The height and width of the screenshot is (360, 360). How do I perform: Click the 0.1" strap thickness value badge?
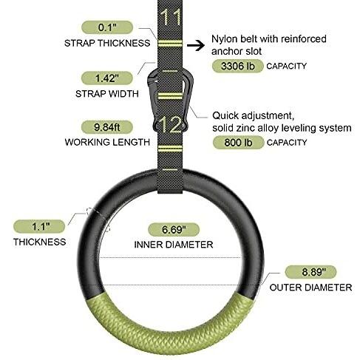pos(107,27)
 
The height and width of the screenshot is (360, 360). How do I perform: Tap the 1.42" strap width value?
pos(107,78)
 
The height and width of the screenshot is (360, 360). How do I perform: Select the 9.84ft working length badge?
pos(107,127)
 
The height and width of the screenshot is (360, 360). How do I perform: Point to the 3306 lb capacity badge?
pos(238,66)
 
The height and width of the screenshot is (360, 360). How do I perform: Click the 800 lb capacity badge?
pos(238,143)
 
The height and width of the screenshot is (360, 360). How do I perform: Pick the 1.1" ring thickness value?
pos(39,226)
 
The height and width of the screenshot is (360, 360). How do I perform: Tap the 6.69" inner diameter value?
pos(174,229)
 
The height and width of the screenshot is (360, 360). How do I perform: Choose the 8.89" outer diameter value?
pos(310,272)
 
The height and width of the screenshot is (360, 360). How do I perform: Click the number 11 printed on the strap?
pos(171,17)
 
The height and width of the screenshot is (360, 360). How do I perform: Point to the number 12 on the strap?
pos(171,125)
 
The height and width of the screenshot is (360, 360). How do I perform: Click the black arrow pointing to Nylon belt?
pos(196,45)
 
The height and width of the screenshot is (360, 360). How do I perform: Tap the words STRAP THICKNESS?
pos(107,43)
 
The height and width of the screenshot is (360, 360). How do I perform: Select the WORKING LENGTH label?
pos(107,142)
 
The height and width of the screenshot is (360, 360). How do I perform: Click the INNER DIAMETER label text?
pos(174,245)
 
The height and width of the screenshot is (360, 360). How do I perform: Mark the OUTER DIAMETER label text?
pos(310,288)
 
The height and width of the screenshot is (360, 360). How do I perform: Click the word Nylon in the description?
pos(224,39)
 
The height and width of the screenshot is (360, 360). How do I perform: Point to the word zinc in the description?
pos(245,128)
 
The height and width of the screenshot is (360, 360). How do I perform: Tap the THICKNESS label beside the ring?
pos(40,242)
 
